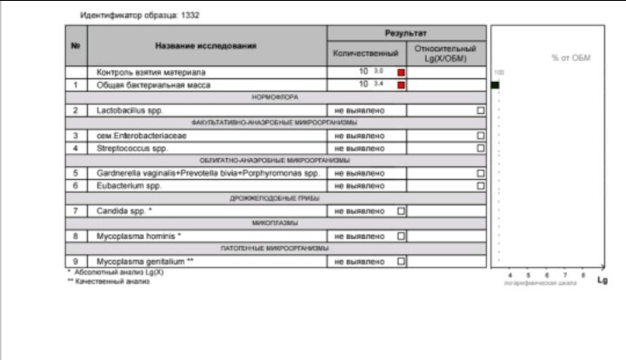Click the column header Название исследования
coord(206,45)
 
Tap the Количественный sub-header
coord(365,53)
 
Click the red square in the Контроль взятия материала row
coord(401,72)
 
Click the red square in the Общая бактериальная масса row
coord(401,85)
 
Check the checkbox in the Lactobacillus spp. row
coord(480,110)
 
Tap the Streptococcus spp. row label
coord(131,149)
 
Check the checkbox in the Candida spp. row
coord(401,211)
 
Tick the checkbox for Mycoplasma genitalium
coord(401,261)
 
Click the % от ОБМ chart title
coord(570,57)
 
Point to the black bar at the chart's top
coord(495,85)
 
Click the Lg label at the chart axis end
coord(602,280)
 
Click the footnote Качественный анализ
coord(112,281)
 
